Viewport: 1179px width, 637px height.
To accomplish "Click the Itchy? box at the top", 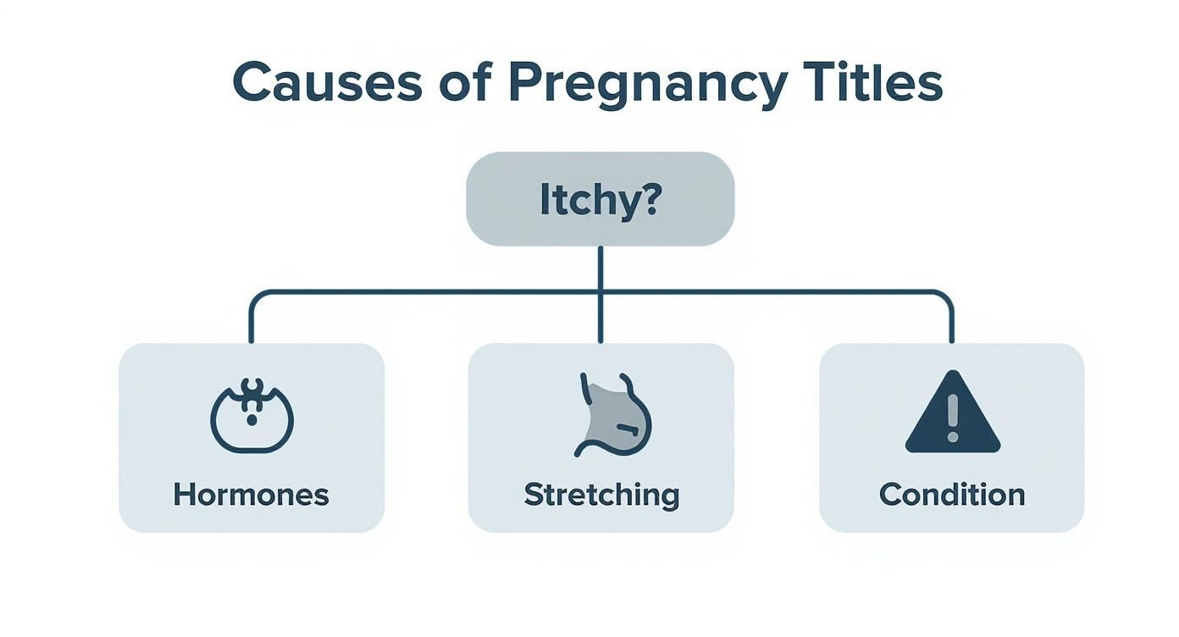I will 600,199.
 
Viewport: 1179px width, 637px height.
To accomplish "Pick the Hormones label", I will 251,494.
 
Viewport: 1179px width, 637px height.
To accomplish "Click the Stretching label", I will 601,494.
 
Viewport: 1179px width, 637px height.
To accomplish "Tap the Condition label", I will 952,494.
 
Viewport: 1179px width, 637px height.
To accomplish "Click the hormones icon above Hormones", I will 252,416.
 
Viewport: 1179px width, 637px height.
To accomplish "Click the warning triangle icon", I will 953,413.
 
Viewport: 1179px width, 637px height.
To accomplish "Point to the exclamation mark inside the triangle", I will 953,417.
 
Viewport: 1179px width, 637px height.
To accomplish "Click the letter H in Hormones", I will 182,494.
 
